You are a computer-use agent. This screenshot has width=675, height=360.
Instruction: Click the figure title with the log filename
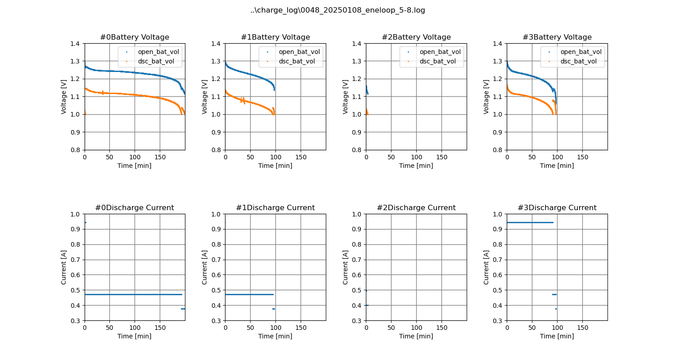(337, 10)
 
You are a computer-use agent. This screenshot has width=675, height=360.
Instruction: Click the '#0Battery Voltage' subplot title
(135, 37)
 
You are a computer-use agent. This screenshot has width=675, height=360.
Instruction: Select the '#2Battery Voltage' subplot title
(416, 37)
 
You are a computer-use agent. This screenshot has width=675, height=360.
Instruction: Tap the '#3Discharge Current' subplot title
(557, 208)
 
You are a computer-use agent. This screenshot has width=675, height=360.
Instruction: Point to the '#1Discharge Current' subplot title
(275, 208)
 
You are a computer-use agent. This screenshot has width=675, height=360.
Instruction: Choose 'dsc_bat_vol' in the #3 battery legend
(579, 61)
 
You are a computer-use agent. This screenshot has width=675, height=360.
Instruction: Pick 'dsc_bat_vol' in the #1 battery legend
(297, 61)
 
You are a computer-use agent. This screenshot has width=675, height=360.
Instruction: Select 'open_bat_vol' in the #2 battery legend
(440, 52)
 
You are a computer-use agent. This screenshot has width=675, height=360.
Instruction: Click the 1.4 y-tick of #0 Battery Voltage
(76, 44)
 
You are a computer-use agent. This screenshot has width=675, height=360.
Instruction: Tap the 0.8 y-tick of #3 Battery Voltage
(499, 150)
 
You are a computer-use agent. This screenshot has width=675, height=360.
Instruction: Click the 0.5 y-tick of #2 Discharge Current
(358, 290)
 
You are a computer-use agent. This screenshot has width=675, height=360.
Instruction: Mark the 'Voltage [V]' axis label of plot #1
(205, 97)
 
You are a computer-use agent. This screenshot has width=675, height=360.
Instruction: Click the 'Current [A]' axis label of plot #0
(64, 267)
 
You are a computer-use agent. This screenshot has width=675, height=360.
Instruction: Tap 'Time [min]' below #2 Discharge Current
(416, 336)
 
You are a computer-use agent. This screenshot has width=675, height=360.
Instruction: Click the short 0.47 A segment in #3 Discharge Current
(554, 294)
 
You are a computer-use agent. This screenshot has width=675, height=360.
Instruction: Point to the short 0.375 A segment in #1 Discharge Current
(274, 309)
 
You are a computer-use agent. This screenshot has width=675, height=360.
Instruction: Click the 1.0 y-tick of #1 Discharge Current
(217, 214)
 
